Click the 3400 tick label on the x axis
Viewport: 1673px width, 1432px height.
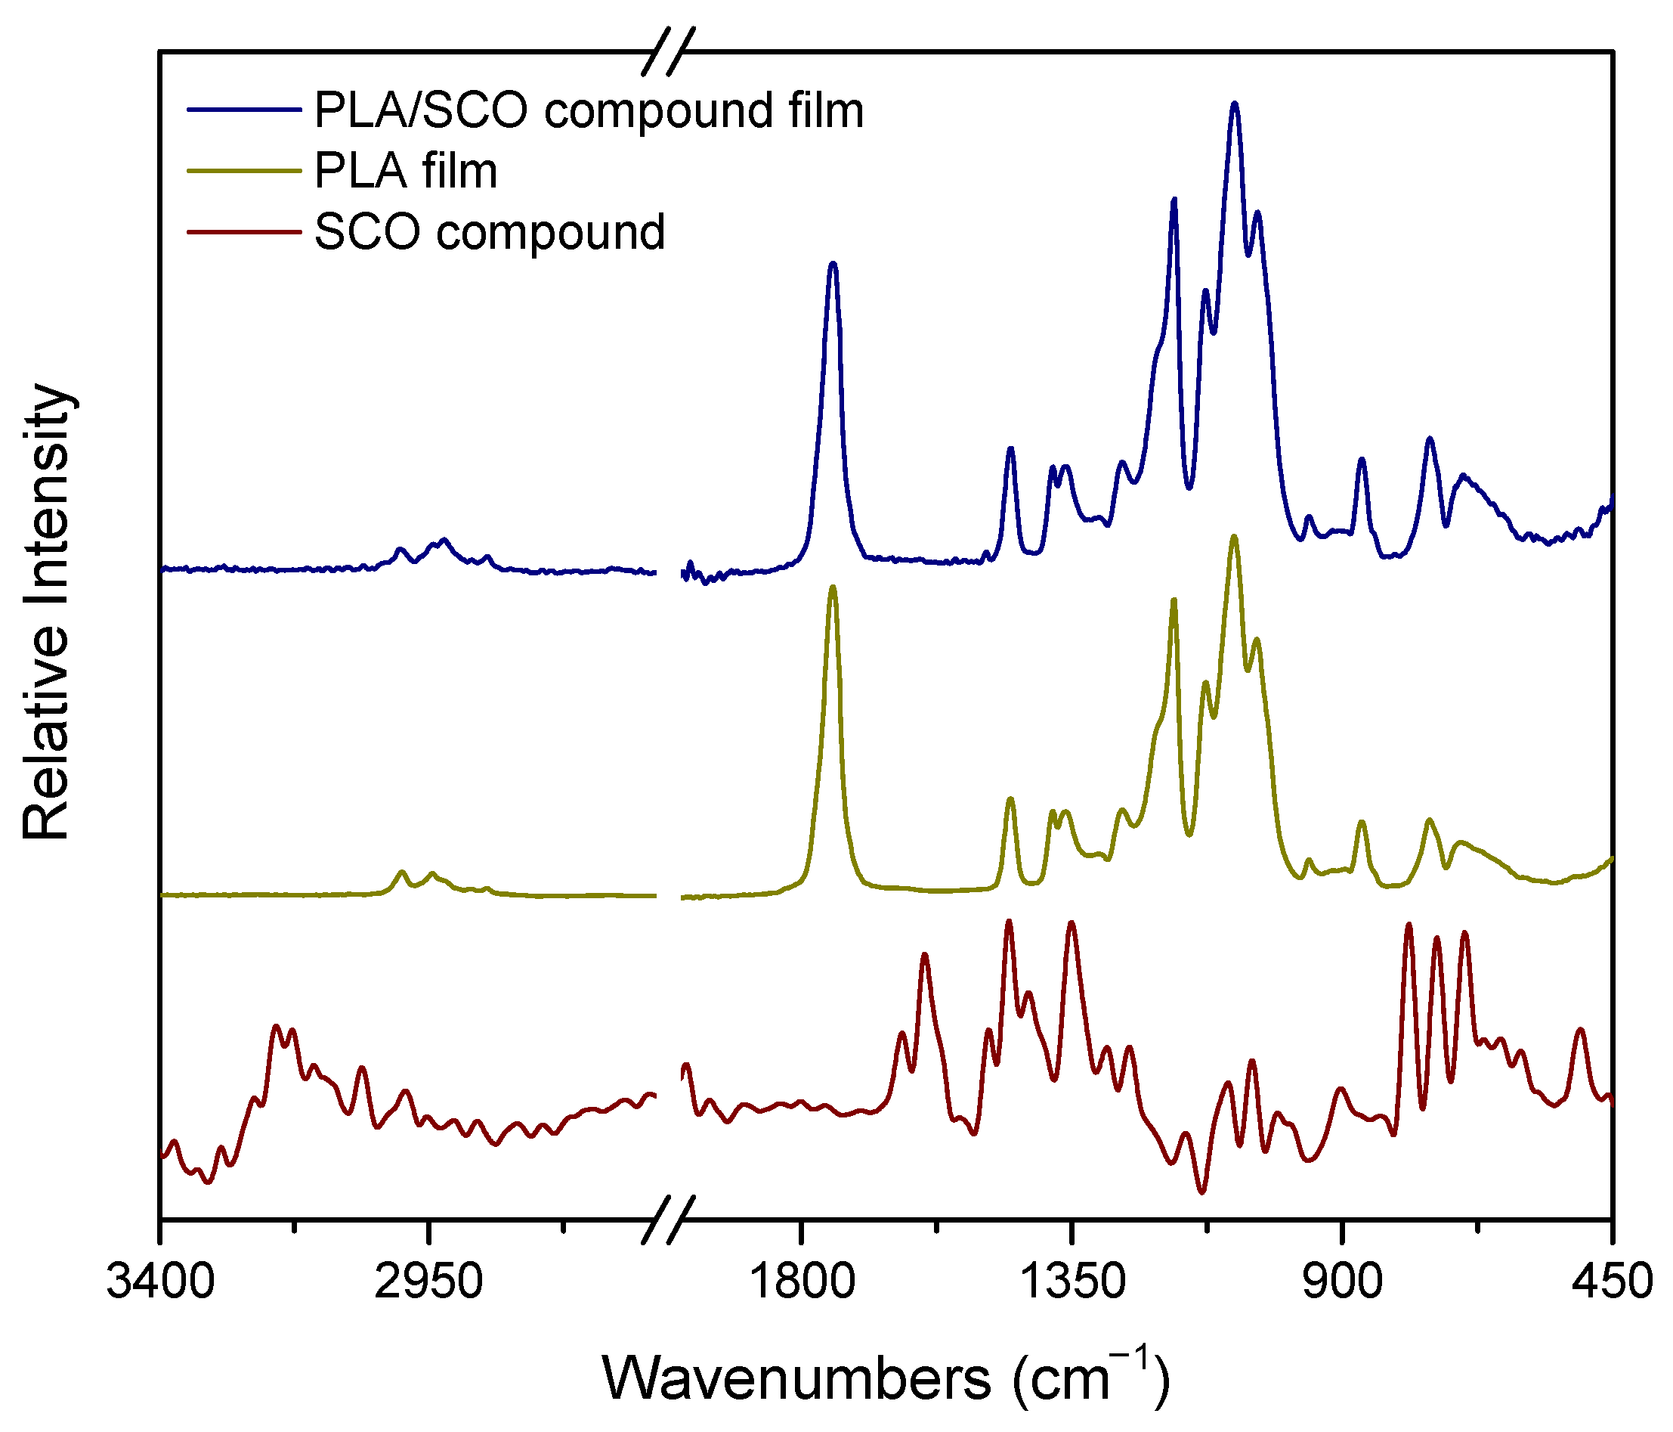click(x=160, y=1282)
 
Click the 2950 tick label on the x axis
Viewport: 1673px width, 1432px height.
click(x=428, y=1282)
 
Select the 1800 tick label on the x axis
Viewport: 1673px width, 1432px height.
click(x=802, y=1282)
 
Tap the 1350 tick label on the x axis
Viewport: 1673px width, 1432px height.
click(x=1072, y=1282)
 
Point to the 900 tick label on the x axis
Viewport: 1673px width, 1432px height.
click(x=1342, y=1282)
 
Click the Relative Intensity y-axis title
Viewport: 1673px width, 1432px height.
click(x=47, y=613)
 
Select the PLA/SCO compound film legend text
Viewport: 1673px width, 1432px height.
click(x=589, y=110)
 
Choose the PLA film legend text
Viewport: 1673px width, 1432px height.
click(x=405, y=171)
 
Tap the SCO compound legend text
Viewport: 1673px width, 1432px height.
click(x=490, y=233)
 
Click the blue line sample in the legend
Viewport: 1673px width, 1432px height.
click(x=244, y=109)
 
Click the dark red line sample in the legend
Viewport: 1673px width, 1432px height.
click(x=244, y=233)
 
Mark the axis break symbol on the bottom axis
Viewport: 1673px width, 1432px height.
click(x=669, y=1219)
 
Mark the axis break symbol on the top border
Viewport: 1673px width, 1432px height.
click(x=669, y=52)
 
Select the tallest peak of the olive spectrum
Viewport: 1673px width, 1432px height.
click(x=1234, y=536)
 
